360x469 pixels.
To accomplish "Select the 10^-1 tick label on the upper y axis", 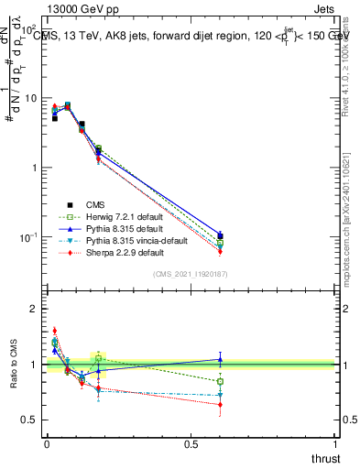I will coord(27,237).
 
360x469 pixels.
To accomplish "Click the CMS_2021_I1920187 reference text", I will coord(191,274).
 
